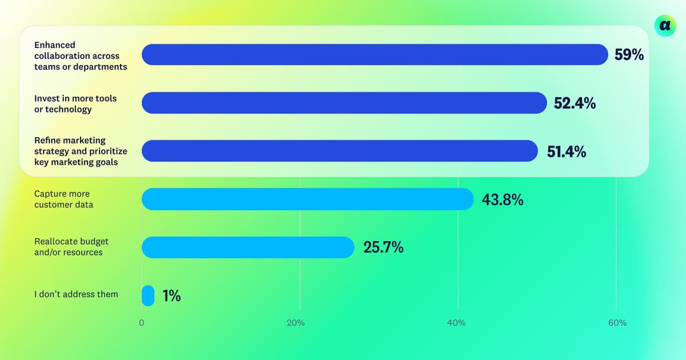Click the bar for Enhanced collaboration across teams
374,55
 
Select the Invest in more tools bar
344,103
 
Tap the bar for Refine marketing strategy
340,151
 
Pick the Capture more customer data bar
308,199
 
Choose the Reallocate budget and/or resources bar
248,247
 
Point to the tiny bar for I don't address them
148,295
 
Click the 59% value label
629,55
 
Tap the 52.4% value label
575,103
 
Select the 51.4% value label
566,151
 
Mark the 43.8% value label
503,200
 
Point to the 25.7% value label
383,248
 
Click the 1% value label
171,296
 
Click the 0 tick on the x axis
141,323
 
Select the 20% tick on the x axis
296,323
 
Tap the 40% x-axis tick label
456,323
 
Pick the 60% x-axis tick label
617,323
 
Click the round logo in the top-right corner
665,25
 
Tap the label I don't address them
76,294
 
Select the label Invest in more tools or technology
75,103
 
